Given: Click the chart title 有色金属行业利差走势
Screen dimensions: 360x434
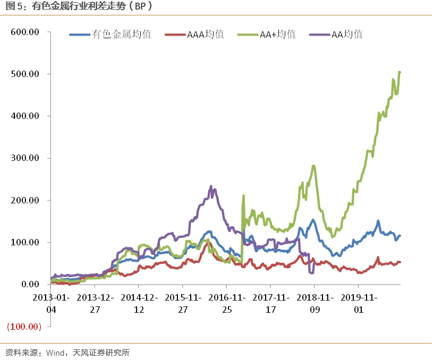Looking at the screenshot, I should coord(80,6).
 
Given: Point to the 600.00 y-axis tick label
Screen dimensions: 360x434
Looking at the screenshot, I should coord(25,32).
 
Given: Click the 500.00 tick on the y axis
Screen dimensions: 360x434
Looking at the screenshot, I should coord(25,74).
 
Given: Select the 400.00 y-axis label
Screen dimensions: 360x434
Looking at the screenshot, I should coord(25,116).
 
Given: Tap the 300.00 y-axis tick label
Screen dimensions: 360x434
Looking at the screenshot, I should coord(25,158).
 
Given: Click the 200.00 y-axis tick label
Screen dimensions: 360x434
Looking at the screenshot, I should coord(25,200).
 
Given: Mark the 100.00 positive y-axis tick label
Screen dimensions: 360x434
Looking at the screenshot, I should coord(25,242).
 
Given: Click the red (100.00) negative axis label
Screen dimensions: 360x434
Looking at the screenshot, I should coord(23,327).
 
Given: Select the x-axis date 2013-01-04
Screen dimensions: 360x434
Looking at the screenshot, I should coord(51,303).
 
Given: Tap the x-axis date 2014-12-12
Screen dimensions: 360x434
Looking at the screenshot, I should coord(139,303).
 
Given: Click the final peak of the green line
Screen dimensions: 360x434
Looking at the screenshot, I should coord(399,72).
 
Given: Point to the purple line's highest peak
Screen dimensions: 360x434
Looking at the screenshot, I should coord(211,186).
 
